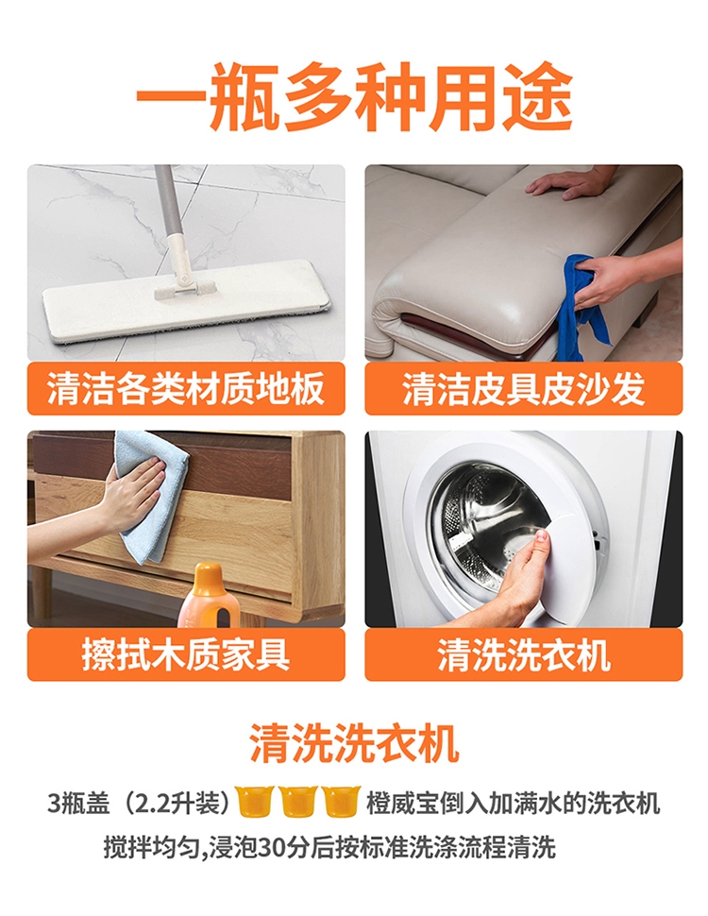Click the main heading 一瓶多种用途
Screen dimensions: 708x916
click(354, 97)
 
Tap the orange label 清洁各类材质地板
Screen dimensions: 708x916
click(186, 388)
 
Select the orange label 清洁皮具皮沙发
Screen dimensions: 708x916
click(523, 388)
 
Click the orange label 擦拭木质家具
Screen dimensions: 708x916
click(186, 654)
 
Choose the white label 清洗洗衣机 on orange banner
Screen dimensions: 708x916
click(523, 654)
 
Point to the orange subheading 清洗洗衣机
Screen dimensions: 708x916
click(354, 743)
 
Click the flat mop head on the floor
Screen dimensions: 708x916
click(186, 302)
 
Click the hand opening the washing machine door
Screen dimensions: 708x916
click(520, 575)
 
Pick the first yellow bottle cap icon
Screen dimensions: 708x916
click(255, 801)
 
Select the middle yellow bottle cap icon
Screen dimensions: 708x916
click(298, 801)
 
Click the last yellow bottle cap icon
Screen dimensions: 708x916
click(341, 801)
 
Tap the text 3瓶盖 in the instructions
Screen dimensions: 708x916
click(78, 804)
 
